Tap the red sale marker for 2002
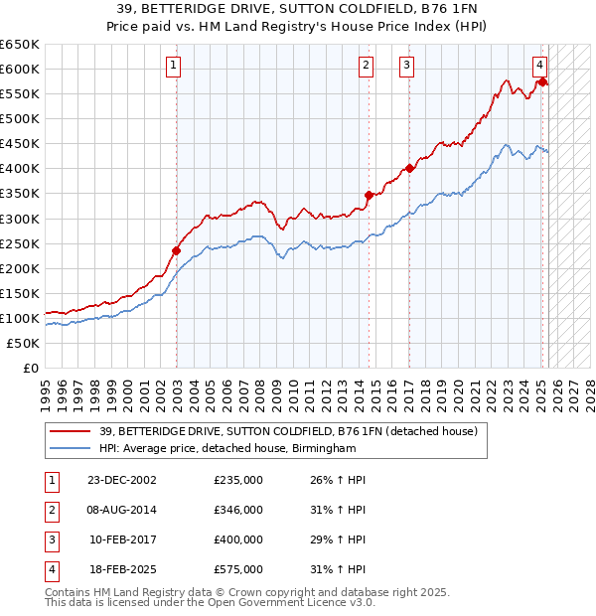[177, 250]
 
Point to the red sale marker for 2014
[369, 195]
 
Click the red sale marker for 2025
[542, 81]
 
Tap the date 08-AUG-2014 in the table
[121, 510]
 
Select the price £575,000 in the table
[238, 569]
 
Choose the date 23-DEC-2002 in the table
[121, 480]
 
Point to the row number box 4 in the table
[50, 569]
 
